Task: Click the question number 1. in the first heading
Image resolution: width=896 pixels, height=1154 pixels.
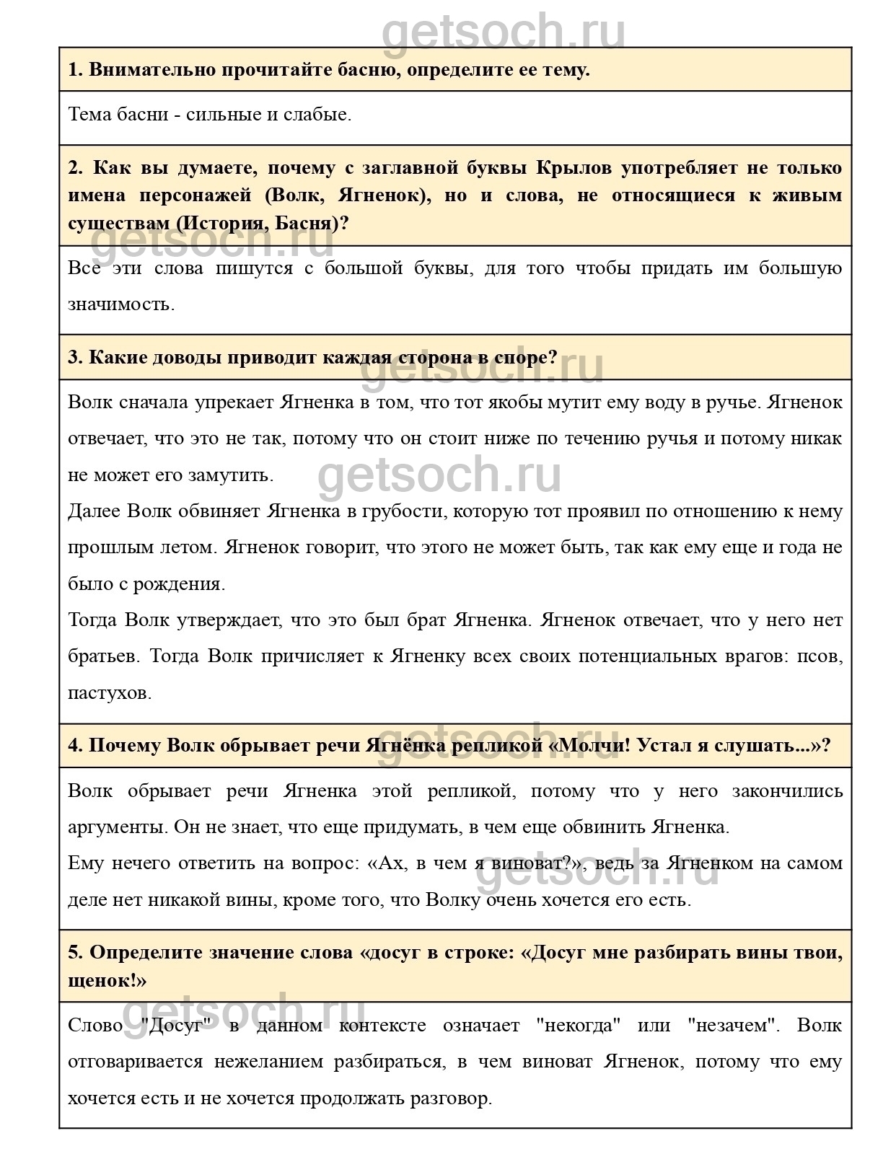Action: click(x=76, y=70)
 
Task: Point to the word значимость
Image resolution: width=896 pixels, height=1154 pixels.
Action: click(x=121, y=304)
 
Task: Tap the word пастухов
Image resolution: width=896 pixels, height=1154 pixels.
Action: click(x=110, y=693)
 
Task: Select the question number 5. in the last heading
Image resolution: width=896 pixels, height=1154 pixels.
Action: click(x=76, y=953)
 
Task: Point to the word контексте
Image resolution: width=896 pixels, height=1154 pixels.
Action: click(x=382, y=1026)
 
